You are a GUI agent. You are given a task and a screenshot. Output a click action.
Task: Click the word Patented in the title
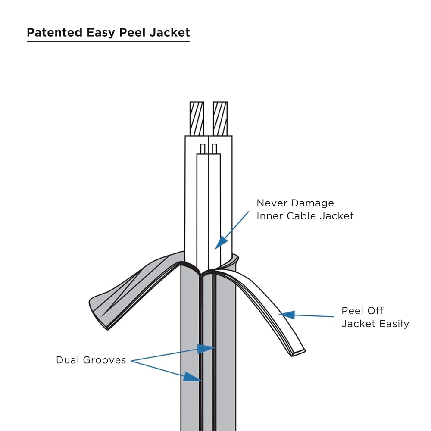click(x=55, y=32)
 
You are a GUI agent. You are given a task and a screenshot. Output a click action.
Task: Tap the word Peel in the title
click(x=132, y=32)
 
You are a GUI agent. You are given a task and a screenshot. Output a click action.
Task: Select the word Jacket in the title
click(x=169, y=32)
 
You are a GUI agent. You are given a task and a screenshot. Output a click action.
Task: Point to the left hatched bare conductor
click(x=197, y=119)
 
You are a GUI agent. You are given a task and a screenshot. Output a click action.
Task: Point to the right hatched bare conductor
click(x=220, y=119)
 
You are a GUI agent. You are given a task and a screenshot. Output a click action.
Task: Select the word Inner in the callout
click(x=269, y=216)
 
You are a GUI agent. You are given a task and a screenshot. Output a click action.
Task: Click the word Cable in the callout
click(x=300, y=216)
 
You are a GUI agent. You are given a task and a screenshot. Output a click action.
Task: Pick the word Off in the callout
click(x=376, y=311)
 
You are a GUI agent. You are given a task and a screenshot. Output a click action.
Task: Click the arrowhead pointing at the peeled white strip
click(x=287, y=315)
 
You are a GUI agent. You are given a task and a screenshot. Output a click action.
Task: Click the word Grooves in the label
click(x=104, y=360)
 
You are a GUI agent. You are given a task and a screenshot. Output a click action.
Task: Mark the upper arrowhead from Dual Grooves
click(x=206, y=349)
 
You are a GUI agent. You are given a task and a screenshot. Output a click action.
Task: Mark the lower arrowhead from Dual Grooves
click(x=192, y=377)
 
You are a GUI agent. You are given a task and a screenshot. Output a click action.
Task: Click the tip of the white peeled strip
click(x=299, y=353)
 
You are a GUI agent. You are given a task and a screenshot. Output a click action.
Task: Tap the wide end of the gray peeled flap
click(x=96, y=312)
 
